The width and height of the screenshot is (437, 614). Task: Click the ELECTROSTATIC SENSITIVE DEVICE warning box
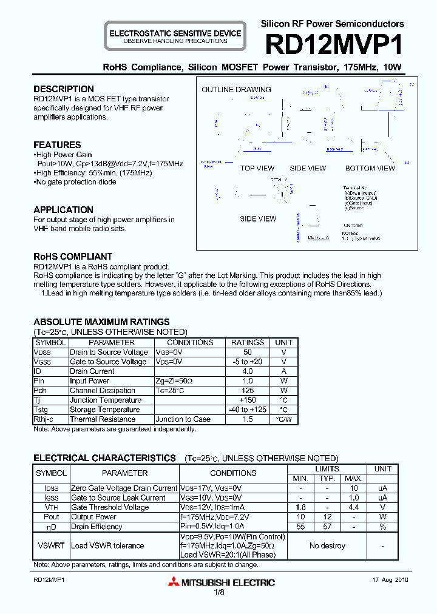pos(175,36)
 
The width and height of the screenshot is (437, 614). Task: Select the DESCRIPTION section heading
pos(64,89)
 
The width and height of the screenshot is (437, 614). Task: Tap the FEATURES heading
pos(57,145)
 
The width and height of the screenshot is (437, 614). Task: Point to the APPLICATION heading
pos(64,210)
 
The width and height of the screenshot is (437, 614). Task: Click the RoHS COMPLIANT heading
pos(73,257)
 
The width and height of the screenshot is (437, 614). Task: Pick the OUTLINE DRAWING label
pos(236,90)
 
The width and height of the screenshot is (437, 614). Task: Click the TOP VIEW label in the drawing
pos(257,168)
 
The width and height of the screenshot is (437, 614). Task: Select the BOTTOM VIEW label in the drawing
pos(370,168)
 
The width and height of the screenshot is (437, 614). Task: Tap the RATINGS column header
pos(248,343)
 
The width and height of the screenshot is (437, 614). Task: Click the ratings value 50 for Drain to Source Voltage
pos(248,353)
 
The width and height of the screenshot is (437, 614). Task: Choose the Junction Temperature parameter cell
pos(106,400)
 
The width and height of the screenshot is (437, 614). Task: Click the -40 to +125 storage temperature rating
pos(248,410)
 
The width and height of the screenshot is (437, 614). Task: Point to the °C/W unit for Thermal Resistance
pos(283,420)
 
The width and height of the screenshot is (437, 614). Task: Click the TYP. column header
pos(327,479)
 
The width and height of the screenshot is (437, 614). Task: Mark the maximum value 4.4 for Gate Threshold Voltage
pos(354,507)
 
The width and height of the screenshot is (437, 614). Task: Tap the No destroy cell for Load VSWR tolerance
pos(327,546)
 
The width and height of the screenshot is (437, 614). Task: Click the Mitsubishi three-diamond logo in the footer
pos(176,582)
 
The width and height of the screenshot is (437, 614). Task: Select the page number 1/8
pos(218,592)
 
